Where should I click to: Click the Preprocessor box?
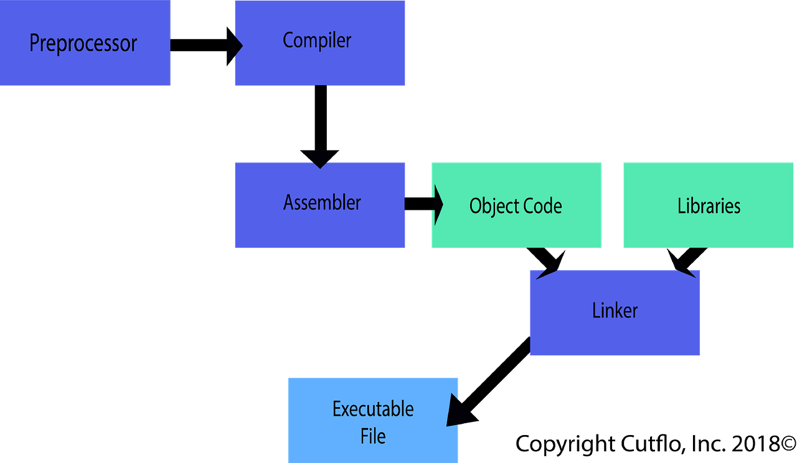(x=86, y=44)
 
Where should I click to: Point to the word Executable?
(x=373, y=409)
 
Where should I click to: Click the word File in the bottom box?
(x=373, y=436)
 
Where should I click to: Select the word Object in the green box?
(x=490, y=206)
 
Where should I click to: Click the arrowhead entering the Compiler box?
(x=238, y=45)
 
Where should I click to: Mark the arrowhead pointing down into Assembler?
(x=320, y=161)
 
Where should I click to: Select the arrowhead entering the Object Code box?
(x=438, y=204)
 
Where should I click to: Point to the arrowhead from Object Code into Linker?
(x=546, y=273)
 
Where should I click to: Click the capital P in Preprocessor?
(x=35, y=44)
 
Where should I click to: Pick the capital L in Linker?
(x=596, y=311)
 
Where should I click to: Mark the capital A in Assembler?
(x=289, y=202)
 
